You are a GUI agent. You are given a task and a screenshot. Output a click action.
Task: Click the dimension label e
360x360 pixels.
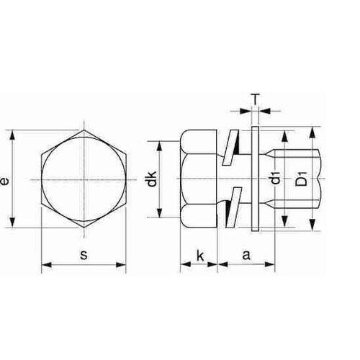tap(5, 181)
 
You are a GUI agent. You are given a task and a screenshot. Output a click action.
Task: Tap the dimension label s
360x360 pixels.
tap(84, 255)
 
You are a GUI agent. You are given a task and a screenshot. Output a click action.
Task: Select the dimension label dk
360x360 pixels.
tap(152, 179)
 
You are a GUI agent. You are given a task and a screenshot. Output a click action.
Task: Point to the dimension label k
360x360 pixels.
tap(200, 256)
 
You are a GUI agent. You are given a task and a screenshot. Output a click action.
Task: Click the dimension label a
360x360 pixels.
tap(246, 255)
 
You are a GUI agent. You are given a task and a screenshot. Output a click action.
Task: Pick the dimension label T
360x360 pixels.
tap(256, 99)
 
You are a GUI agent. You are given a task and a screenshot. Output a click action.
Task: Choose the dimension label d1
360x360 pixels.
tap(277, 178)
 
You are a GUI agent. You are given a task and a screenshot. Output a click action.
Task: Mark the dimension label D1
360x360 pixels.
tap(302, 178)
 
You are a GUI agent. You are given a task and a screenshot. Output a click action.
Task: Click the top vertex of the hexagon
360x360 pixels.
tap(84, 130)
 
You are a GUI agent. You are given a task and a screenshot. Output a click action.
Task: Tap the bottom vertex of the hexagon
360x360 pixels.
tap(84, 228)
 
